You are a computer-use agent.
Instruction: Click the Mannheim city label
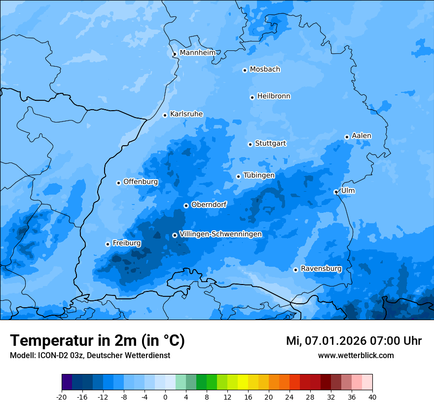point(198,53)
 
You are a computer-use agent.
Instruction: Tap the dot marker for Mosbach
point(245,70)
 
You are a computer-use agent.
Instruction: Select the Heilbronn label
point(274,96)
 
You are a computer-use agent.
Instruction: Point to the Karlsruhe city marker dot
point(165,115)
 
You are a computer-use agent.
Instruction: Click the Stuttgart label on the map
point(270,144)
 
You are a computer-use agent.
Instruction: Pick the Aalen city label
point(362,136)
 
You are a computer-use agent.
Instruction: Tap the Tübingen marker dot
point(238,176)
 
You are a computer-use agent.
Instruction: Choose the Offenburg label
point(141,182)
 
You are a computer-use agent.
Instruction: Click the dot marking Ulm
point(336,192)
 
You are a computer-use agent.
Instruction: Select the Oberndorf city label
point(209,205)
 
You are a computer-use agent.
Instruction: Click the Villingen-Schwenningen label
point(220,234)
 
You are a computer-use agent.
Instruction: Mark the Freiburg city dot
point(108,244)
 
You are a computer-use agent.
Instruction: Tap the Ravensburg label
point(321,269)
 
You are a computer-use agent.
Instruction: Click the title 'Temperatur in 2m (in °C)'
point(97,340)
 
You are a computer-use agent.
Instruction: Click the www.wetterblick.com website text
point(356,356)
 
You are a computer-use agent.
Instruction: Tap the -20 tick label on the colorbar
point(62,397)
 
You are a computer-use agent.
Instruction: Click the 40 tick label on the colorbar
point(372,397)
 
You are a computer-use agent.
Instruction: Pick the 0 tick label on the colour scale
point(165,397)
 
